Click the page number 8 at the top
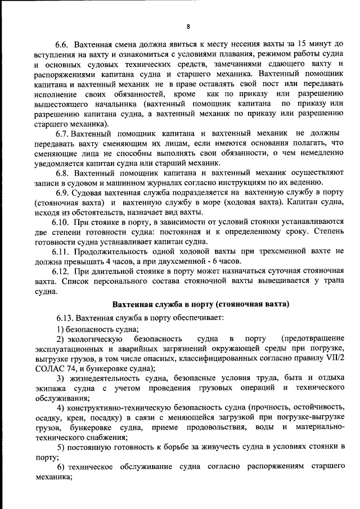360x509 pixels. coord(189,26)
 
